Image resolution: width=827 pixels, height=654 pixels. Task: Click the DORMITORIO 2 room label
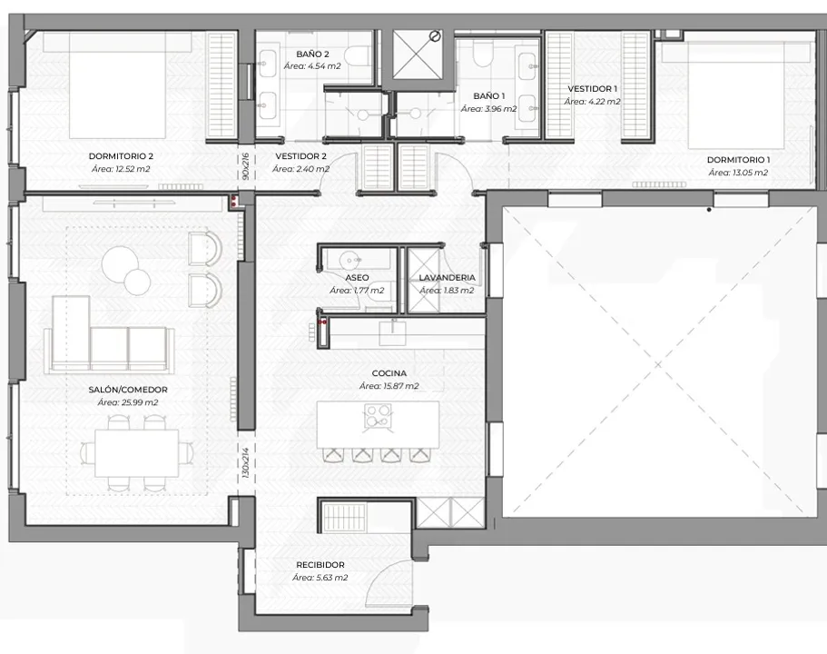point(121,156)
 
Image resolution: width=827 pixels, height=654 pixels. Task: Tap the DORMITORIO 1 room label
point(738,159)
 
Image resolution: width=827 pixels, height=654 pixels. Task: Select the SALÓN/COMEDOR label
point(128,390)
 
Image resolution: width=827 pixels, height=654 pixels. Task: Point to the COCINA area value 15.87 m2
point(389,386)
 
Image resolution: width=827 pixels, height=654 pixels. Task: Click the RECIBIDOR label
point(320,565)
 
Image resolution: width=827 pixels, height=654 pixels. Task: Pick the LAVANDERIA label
point(447,277)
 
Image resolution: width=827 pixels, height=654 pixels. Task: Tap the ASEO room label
point(357,277)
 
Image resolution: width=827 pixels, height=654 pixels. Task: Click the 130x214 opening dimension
point(245,463)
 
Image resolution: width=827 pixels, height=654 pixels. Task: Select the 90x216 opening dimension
point(245,166)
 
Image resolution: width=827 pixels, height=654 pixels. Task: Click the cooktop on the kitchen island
point(379,415)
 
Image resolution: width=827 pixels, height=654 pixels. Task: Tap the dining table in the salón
point(136,453)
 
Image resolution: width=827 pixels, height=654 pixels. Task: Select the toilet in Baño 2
point(357,55)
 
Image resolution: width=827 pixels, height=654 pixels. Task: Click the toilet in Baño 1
point(482,54)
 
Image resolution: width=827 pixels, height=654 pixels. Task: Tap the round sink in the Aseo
point(350,259)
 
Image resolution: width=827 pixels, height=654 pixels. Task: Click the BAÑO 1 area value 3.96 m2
point(489,109)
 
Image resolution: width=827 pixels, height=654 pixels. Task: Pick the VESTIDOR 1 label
point(592,89)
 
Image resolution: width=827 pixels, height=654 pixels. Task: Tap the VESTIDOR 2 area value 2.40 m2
point(300,169)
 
